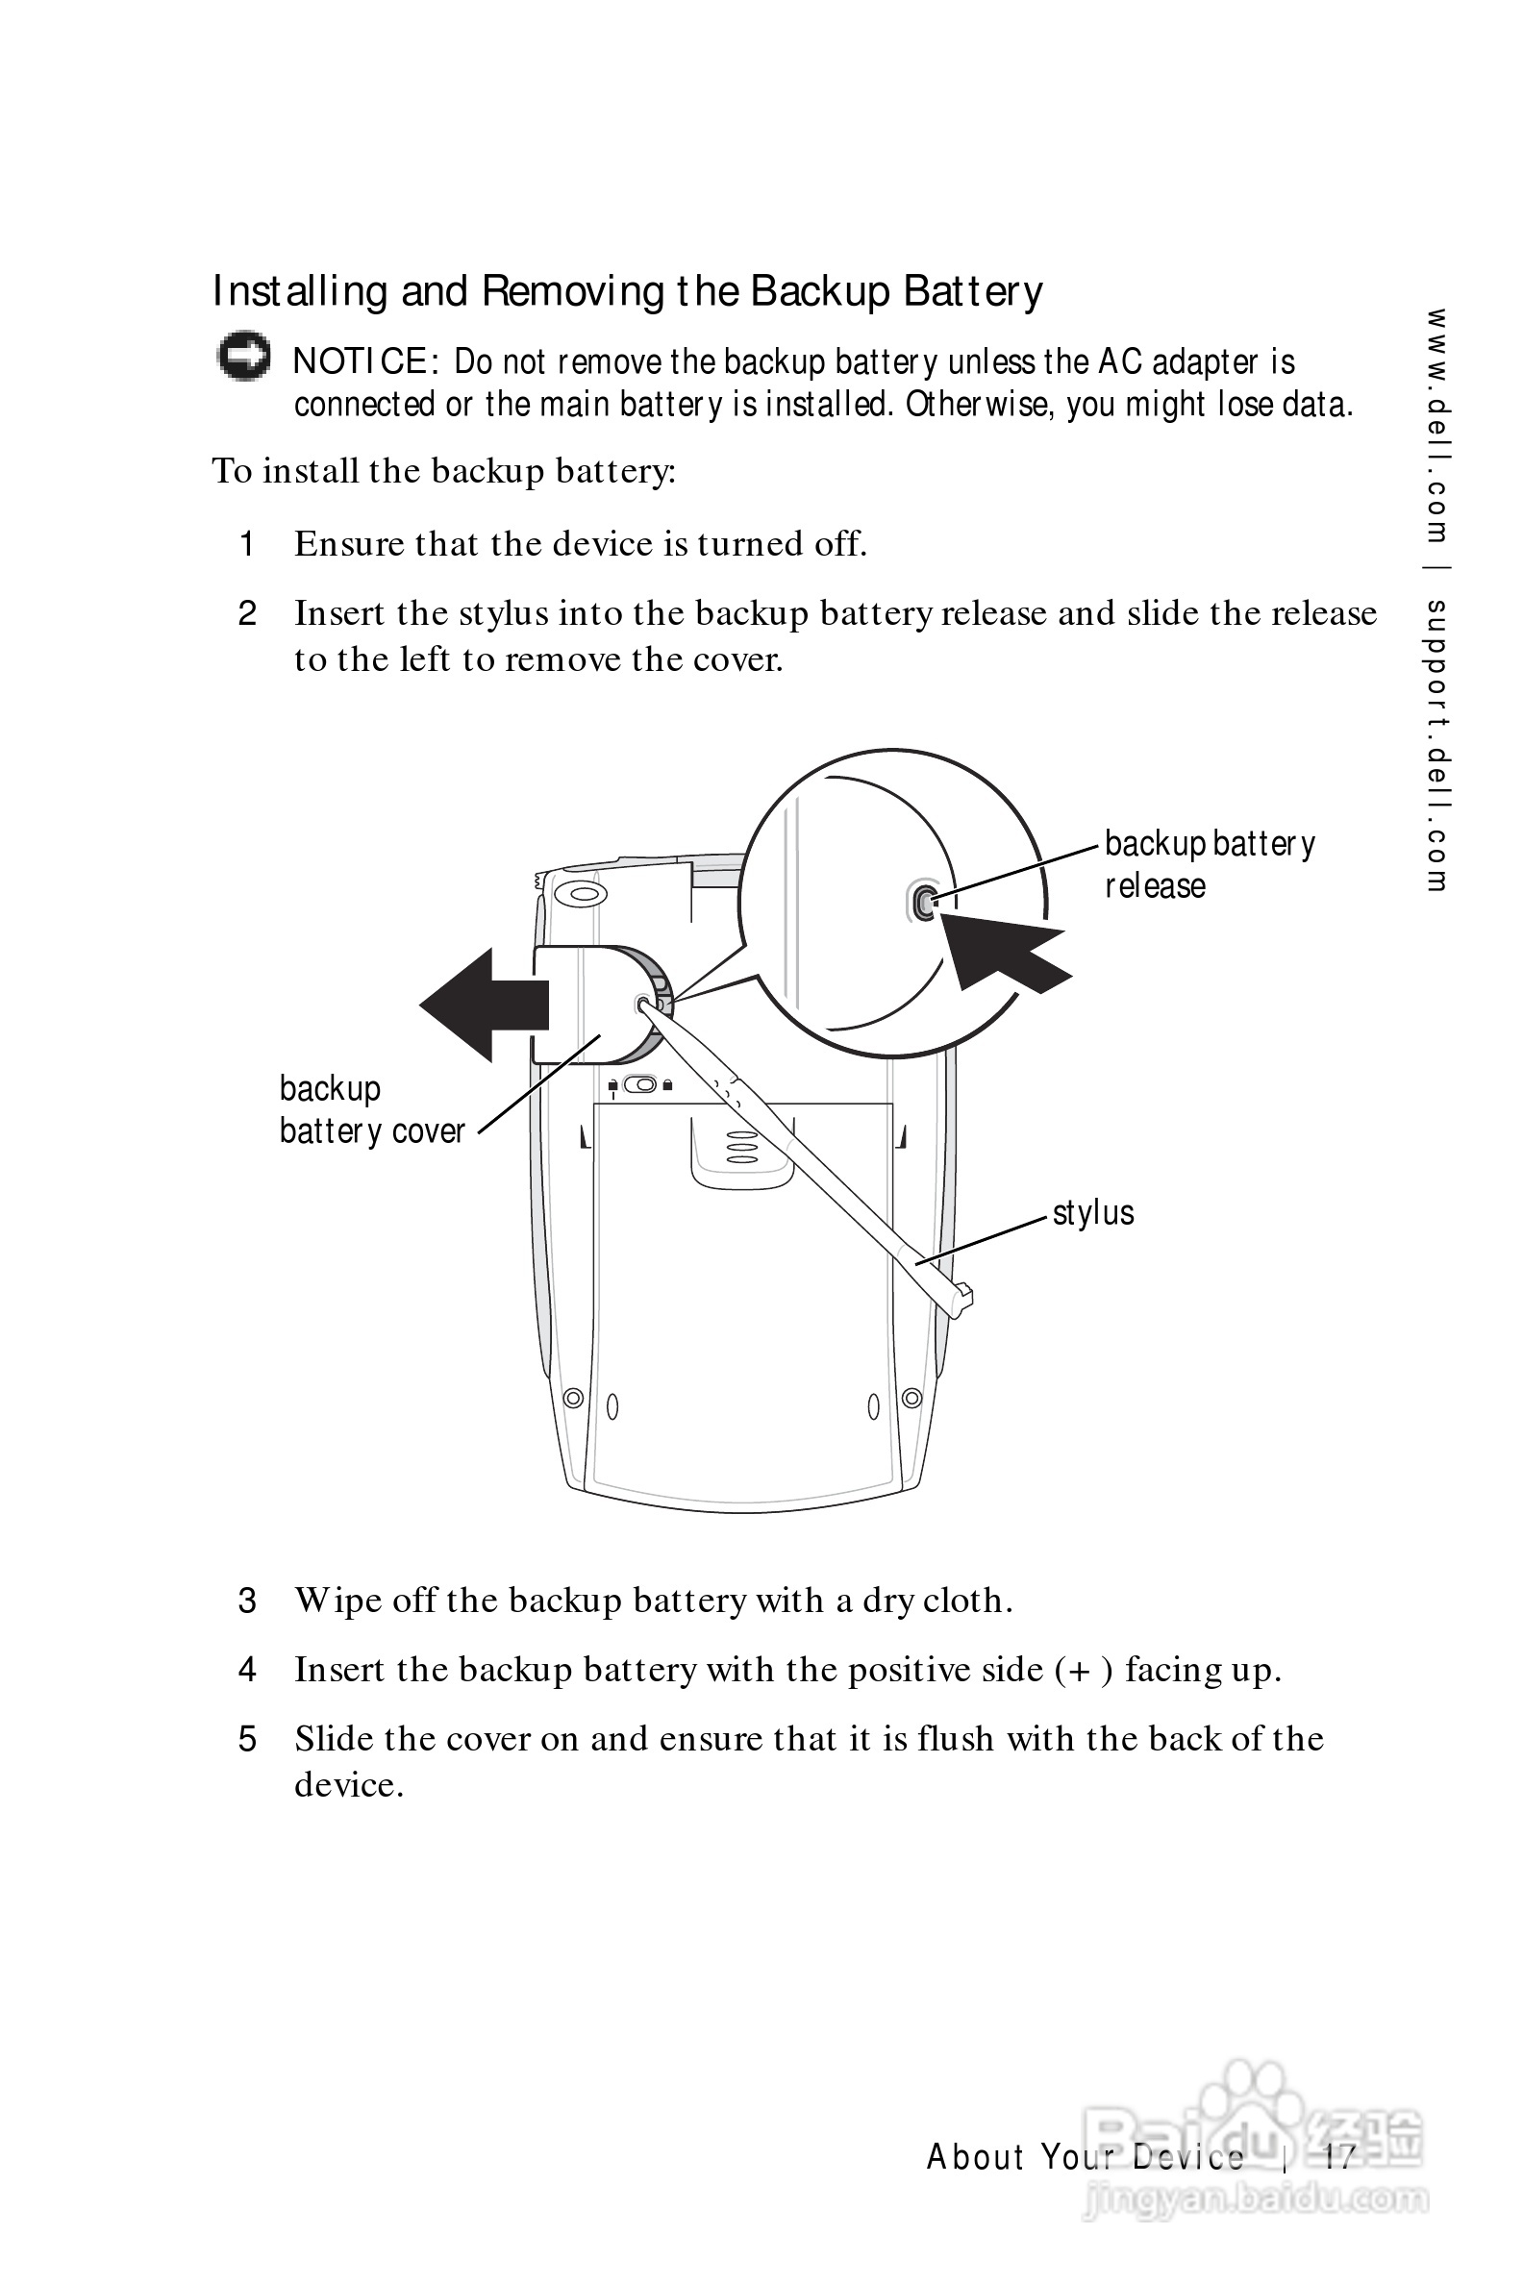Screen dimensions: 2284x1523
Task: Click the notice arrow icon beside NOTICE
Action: [x=243, y=357]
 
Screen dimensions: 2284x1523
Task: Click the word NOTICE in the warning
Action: [x=360, y=361]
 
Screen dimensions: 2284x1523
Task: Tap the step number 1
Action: [x=248, y=544]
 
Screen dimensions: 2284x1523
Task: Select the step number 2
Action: [x=248, y=613]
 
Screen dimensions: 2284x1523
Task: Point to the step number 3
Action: [x=248, y=1601]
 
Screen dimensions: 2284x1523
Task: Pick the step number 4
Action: [x=248, y=1670]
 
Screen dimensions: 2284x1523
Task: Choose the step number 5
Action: [x=248, y=1738]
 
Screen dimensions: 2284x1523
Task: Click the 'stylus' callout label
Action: [x=1092, y=1213]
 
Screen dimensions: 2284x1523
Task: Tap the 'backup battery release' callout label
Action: [x=1210, y=864]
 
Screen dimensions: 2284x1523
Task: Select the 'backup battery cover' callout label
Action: [x=372, y=1110]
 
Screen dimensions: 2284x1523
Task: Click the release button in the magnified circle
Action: [x=924, y=903]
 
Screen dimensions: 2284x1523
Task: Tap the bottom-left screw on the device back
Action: [x=574, y=1399]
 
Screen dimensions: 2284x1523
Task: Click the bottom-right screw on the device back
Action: [x=911, y=1399]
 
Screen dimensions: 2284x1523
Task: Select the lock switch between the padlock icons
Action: [x=640, y=1083]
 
